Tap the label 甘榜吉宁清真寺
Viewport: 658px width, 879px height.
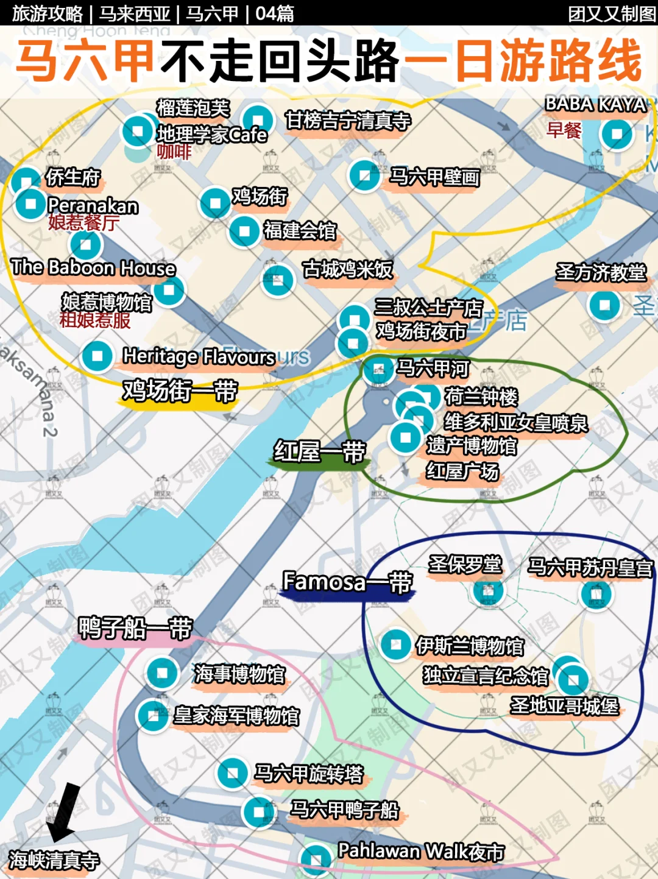pyautogui.click(x=347, y=121)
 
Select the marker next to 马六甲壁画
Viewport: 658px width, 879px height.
pyautogui.click(x=364, y=175)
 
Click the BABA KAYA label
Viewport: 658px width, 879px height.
pyautogui.click(x=595, y=104)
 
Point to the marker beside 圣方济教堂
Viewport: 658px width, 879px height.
pyautogui.click(x=604, y=305)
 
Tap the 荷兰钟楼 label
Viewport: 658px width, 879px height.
pyautogui.click(x=481, y=397)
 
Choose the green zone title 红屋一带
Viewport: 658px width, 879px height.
pyautogui.click(x=319, y=452)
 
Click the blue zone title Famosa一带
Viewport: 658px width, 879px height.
pyautogui.click(x=347, y=582)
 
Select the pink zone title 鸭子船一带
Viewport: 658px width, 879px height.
pyautogui.click(x=135, y=628)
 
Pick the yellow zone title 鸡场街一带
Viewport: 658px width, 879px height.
pyautogui.click(x=180, y=390)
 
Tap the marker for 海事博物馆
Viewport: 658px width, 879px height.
pyautogui.click(x=162, y=673)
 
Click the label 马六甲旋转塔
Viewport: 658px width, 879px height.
pyautogui.click(x=308, y=774)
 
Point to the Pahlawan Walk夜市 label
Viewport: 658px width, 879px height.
pyautogui.click(x=421, y=851)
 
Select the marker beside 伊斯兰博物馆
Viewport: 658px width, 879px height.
pyautogui.click(x=395, y=644)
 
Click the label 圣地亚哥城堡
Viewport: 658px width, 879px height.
pyautogui.click(x=564, y=705)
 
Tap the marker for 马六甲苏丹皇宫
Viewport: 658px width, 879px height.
pyautogui.click(x=596, y=594)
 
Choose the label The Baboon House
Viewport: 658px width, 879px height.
pyautogui.click(x=93, y=267)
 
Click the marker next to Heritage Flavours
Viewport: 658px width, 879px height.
pyautogui.click(x=97, y=355)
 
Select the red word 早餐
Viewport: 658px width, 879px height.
pyautogui.click(x=564, y=130)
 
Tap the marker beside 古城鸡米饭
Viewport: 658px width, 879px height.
pyautogui.click(x=278, y=280)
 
